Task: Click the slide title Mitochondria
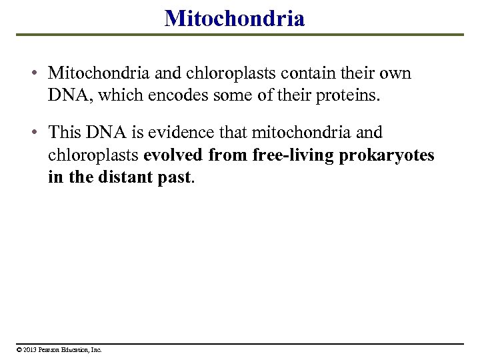(235, 18)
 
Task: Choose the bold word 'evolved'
(173, 155)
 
